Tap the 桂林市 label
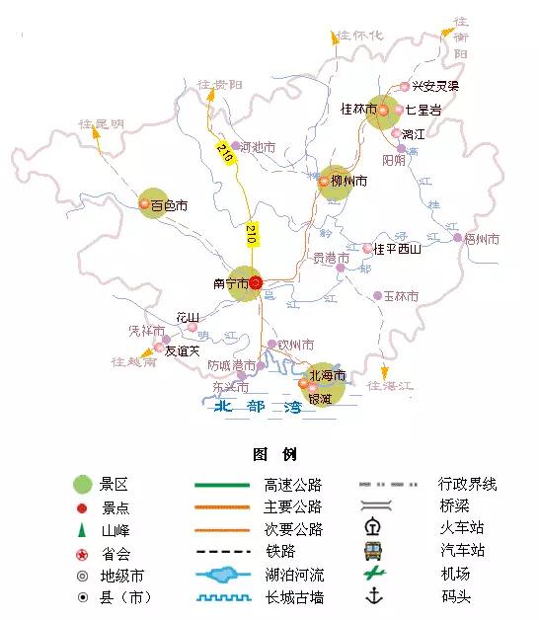(358, 110)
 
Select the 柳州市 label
(349, 182)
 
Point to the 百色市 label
(170, 206)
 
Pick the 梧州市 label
(482, 239)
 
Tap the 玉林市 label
(401, 296)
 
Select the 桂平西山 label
(398, 249)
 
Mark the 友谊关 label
(182, 349)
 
